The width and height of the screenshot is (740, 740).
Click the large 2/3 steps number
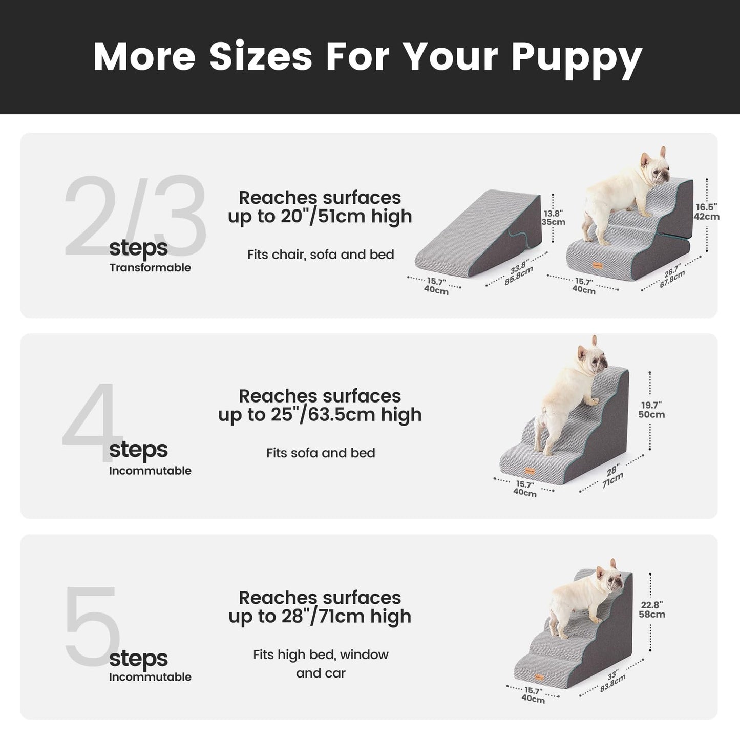[134, 217]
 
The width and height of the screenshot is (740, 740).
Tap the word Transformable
[150, 268]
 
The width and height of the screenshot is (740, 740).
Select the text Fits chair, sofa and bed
[321, 255]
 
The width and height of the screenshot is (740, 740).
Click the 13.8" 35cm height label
[554, 218]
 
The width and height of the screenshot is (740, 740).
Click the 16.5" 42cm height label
[707, 212]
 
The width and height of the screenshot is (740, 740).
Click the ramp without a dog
[479, 230]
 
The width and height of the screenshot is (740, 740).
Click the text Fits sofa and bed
[321, 453]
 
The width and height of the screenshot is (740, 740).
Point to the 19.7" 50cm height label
[651, 410]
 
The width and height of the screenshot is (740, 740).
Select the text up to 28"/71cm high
[320, 616]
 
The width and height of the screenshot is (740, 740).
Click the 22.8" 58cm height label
[652, 609]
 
